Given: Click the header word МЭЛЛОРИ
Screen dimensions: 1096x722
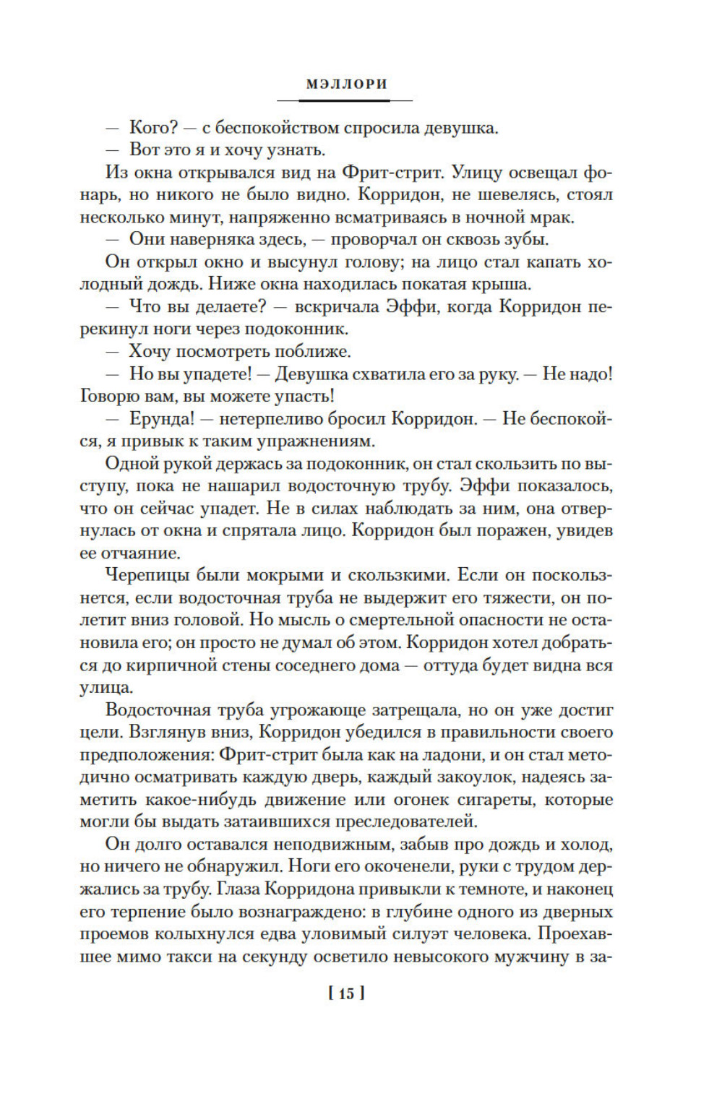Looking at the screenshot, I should tap(347, 84).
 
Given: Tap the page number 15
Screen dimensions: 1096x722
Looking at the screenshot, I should tap(347, 993).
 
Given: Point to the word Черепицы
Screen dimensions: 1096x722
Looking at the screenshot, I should tap(150, 576).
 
